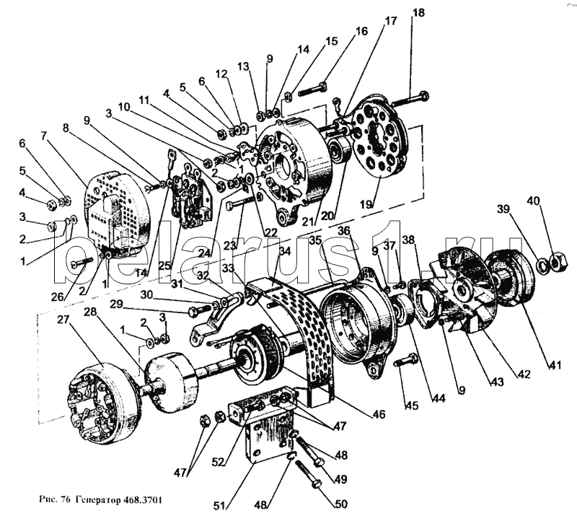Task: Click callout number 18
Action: click(418, 14)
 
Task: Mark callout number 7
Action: click(43, 135)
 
